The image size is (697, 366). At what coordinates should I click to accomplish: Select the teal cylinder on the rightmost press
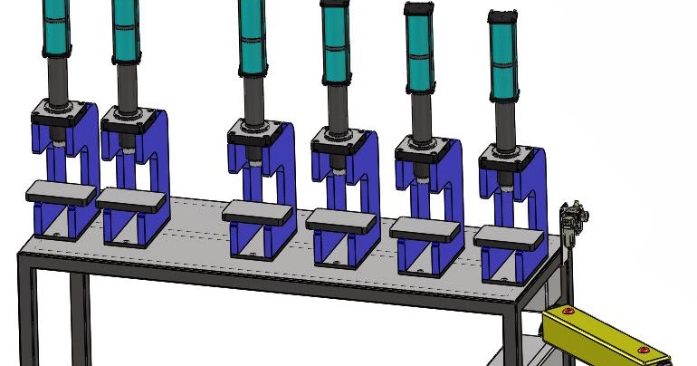tap(503, 59)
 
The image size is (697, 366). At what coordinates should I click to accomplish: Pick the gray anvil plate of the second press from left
tap(132, 199)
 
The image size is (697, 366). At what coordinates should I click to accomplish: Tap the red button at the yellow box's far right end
tap(642, 350)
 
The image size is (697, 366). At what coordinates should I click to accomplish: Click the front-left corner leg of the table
tap(27, 317)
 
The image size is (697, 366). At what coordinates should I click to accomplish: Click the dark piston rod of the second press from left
tap(127, 86)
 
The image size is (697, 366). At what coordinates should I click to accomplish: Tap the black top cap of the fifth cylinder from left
tap(417, 10)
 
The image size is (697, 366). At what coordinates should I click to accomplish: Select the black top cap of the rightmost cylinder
tap(501, 16)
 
